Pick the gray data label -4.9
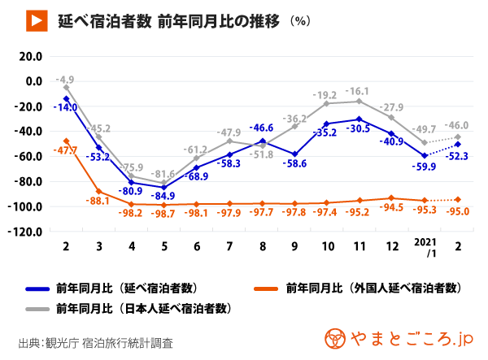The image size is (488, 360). pyautogui.click(x=64, y=80)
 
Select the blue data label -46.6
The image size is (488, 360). pyautogui.click(x=261, y=128)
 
